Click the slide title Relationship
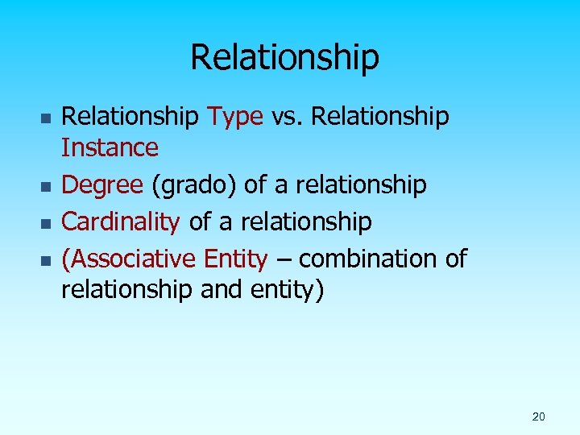(x=284, y=57)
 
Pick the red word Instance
(x=110, y=148)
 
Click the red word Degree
(x=103, y=186)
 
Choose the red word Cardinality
(x=120, y=222)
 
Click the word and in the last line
(x=222, y=289)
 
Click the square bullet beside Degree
(x=46, y=187)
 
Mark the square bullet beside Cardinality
(x=46, y=223)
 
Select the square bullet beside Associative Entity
(x=46, y=260)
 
